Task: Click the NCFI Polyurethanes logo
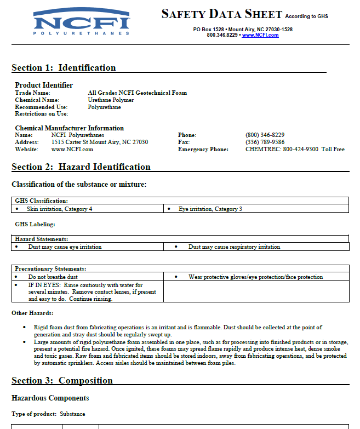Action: [81, 22]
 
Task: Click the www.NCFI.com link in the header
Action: [260, 35]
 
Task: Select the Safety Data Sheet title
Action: [221, 14]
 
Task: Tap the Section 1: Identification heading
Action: [64, 68]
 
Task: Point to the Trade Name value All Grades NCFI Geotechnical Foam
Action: [137, 93]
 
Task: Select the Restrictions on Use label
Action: [41, 114]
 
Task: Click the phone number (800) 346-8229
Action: [265, 135]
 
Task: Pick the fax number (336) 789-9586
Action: [265, 142]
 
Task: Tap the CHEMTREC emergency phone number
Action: [295, 149]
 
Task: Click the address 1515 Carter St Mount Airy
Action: [99, 142]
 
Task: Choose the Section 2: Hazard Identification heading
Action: [81, 167]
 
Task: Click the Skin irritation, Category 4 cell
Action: [59, 209]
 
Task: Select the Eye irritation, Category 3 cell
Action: [210, 209]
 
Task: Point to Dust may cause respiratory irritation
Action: [234, 247]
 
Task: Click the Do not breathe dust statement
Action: [53, 277]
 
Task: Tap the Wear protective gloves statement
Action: [255, 277]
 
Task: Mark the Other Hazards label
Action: [32, 313]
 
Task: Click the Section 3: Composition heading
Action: [62, 381]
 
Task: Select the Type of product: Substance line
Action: [48, 414]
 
